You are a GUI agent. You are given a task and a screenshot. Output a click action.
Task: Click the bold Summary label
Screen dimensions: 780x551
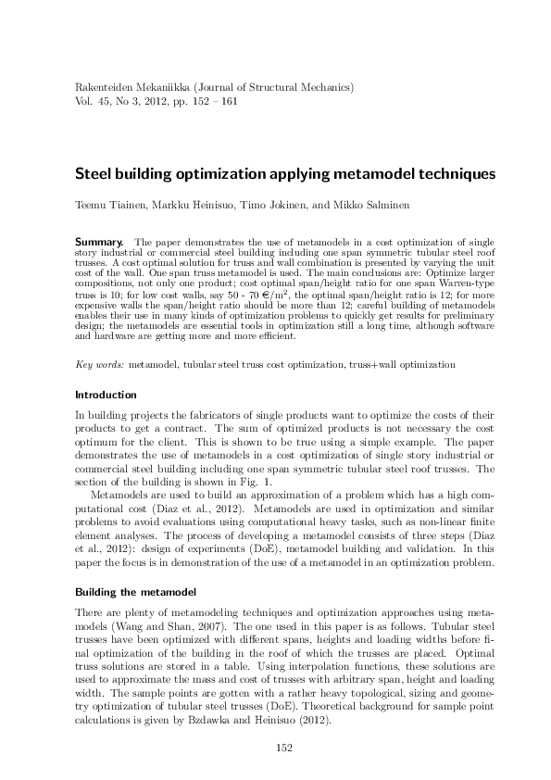click(x=98, y=241)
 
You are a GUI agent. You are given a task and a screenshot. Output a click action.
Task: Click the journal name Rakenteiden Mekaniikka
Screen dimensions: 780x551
click(x=133, y=86)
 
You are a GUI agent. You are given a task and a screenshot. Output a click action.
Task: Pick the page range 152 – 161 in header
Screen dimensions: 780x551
click(x=214, y=100)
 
